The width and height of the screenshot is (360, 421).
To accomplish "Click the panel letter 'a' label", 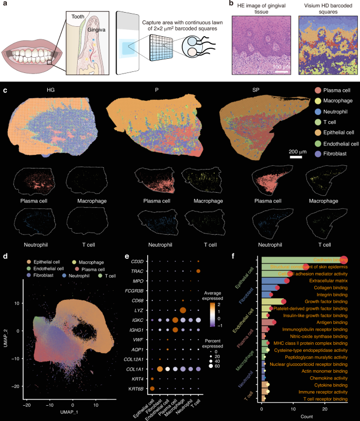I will click(5, 5).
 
